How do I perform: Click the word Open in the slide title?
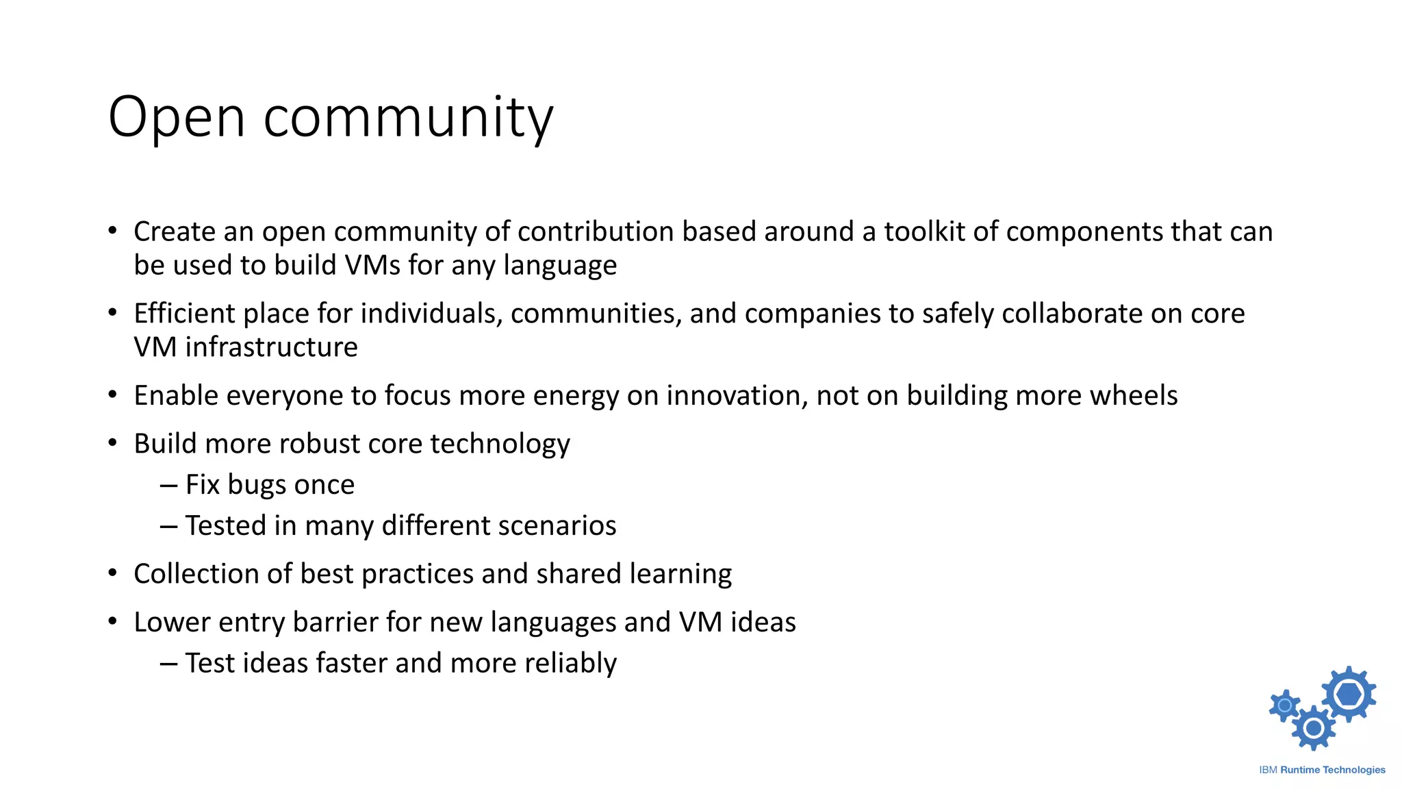pos(177,118)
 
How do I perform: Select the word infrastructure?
pos(271,347)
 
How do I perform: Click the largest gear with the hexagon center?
pos(1348,694)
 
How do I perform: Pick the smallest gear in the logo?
pos(1285,705)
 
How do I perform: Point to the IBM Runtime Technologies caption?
pos(1322,770)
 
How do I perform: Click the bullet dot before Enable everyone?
pos(113,395)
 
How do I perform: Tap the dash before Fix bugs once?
pos(168,485)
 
